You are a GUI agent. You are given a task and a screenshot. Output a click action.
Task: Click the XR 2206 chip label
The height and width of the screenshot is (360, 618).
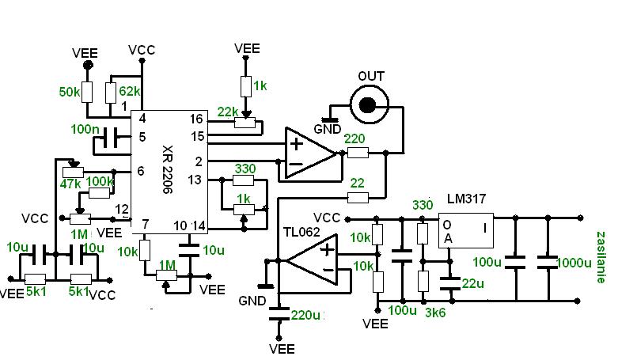tap(168, 170)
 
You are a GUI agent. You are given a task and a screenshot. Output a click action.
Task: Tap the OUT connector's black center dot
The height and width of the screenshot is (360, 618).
tap(368, 105)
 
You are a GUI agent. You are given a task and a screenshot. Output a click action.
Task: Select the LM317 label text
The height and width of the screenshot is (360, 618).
tap(467, 199)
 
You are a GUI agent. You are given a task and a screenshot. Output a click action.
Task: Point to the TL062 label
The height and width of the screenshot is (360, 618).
tap(301, 232)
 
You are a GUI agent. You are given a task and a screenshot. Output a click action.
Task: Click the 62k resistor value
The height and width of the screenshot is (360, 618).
tap(129, 91)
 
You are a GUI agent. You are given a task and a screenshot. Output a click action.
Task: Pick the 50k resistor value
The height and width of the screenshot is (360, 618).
tap(70, 92)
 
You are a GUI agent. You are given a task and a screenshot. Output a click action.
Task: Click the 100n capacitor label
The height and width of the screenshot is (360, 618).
tap(85, 129)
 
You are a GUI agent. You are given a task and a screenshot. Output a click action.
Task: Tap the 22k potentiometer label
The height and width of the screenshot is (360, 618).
tap(228, 112)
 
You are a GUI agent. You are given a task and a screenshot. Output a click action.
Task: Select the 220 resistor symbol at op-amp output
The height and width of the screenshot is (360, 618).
tap(358, 153)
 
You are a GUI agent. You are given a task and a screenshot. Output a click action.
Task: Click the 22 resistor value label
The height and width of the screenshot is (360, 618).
tap(357, 183)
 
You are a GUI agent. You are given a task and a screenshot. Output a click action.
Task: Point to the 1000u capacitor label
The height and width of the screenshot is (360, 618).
tap(574, 263)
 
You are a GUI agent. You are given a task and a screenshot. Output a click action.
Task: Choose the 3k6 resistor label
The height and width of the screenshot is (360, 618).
tap(435, 313)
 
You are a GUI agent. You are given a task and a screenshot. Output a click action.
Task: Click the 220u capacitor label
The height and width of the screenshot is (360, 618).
tap(306, 315)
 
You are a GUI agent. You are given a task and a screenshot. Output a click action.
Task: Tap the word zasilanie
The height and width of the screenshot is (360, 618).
tap(601, 257)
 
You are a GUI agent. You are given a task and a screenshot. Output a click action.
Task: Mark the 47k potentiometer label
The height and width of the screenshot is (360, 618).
tap(70, 184)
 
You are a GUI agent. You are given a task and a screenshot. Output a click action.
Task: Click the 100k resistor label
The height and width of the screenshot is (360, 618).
tap(100, 181)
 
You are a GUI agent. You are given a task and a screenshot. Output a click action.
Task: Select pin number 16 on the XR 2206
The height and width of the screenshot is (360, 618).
tap(196, 119)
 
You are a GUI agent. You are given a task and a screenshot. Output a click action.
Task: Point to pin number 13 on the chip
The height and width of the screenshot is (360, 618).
tap(195, 180)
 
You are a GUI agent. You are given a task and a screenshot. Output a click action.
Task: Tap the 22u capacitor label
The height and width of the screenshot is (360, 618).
tap(472, 283)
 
